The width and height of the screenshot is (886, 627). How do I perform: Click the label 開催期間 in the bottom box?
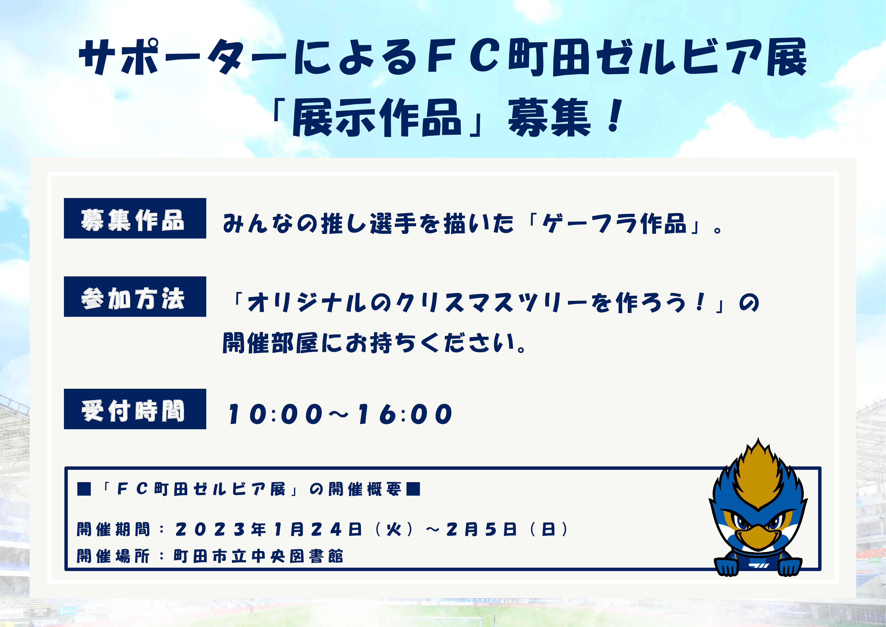(x=113, y=529)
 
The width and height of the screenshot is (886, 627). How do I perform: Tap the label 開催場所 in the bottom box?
(x=113, y=556)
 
